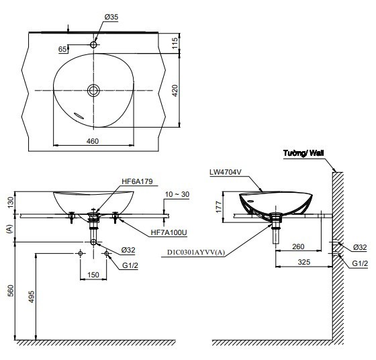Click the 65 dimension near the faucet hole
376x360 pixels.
click(x=62, y=49)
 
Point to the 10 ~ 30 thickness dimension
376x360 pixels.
click(x=177, y=193)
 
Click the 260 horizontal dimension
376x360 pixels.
click(x=300, y=246)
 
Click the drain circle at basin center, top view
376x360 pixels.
click(x=93, y=89)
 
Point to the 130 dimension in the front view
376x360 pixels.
click(x=9, y=201)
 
